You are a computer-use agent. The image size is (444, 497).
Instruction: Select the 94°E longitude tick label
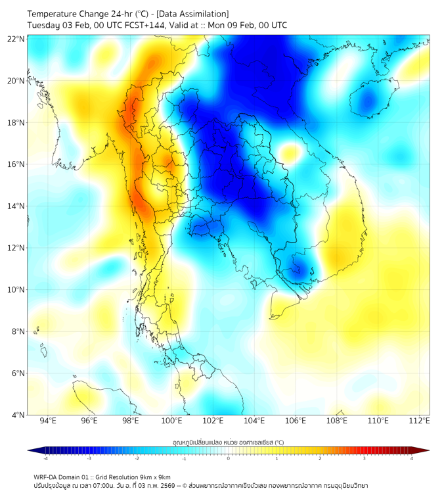(48, 421)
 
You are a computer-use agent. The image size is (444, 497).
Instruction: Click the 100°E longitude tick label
(171, 421)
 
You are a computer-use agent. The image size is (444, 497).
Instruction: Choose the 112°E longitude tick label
(419, 421)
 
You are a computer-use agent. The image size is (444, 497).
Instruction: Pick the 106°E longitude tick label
(296, 421)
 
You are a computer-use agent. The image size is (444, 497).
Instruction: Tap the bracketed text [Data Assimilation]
(192, 14)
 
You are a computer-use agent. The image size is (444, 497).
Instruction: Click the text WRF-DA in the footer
(47, 477)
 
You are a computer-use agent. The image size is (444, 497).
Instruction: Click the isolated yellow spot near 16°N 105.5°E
(288, 154)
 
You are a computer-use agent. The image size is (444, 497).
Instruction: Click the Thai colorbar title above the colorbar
(228, 442)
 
